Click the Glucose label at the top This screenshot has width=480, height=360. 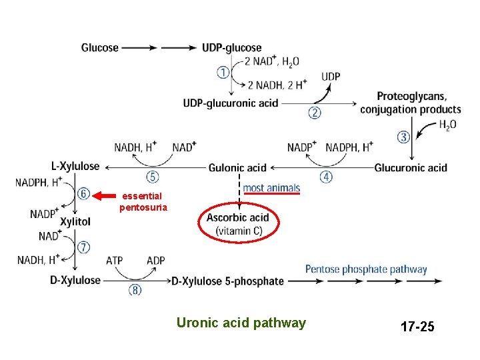pos(100,48)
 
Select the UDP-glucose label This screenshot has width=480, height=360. pos(232,48)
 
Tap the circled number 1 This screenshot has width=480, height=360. pos(223,71)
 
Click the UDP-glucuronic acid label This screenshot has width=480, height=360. pos(231,103)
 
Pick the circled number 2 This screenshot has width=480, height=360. pos(314,113)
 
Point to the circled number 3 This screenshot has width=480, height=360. pos(403,137)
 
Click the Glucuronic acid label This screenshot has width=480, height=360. pos(411,168)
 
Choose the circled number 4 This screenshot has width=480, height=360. pos(326,177)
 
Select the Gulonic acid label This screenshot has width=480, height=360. pos(237,168)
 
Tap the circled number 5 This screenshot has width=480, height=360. pos(153,177)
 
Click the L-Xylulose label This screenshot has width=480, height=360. pos(75,167)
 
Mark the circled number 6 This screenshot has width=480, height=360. pos(84,194)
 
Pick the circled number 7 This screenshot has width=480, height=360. pos(84,247)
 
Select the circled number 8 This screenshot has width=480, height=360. pos(135,290)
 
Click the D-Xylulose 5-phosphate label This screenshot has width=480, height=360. pos(227,281)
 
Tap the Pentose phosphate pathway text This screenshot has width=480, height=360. pos(366,270)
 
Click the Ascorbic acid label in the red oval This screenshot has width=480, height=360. pos(238,218)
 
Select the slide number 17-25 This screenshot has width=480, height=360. pos(417,327)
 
